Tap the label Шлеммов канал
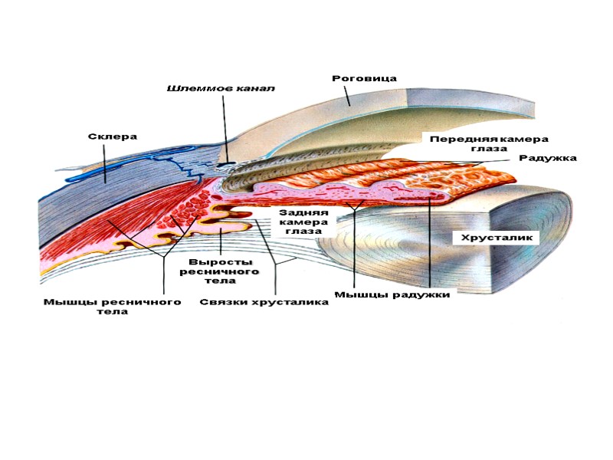pyautogui.click(x=221, y=88)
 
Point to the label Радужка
pyautogui.click(x=548, y=158)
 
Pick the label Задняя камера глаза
pyautogui.click(x=303, y=222)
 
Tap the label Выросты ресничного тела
pyautogui.click(x=221, y=271)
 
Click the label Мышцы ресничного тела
pyautogui.click(x=112, y=306)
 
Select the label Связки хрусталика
pyautogui.click(x=264, y=302)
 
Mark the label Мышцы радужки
pyautogui.click(x=392, y=294)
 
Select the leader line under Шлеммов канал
pyautogui.click(x=224, y=123)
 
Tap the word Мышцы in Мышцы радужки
pyautogui.click(x=356, y=294)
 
